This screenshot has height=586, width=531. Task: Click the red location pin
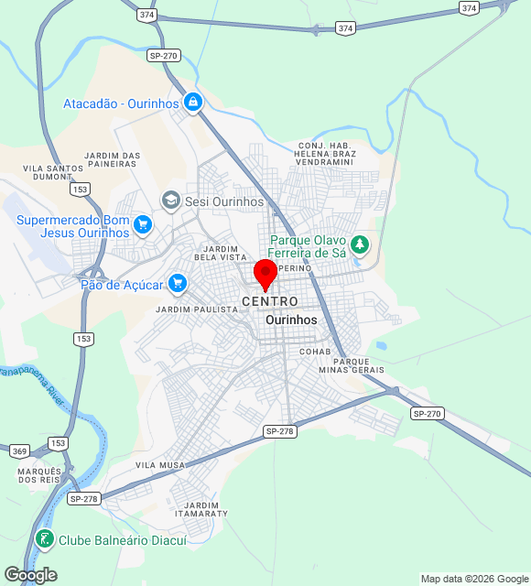[x=265, y=274]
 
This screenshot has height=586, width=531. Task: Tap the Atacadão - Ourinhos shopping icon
[x=192, y=103]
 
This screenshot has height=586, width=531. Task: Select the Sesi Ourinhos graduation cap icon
[x=170, y=201]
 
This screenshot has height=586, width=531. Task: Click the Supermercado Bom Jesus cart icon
[x=142, y=224]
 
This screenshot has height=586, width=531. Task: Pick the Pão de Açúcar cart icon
[x=178, y=284]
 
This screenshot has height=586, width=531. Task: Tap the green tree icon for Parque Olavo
[x=361, y=244]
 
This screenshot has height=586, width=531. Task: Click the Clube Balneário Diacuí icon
[x=44, y=540]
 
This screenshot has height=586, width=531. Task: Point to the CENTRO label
[x=270, y=301]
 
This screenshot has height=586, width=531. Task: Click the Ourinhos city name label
[x=291, y=320]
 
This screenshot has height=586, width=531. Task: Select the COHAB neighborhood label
[x=315, y=352]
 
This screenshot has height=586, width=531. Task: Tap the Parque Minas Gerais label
[x=345, y=365]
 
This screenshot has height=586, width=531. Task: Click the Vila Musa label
[x=160, y=465]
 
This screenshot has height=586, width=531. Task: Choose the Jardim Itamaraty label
[x=205, y=509]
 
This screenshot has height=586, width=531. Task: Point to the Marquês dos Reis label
[x=38, y=475]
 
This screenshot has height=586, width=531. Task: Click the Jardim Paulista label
[x=197, y=309]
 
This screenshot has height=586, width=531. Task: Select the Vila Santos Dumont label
[x=53, y=173]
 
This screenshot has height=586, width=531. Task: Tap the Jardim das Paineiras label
[x=113, y=160]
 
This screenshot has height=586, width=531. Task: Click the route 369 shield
[x=19, y=451]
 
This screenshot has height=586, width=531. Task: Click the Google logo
[x=30, y=574]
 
